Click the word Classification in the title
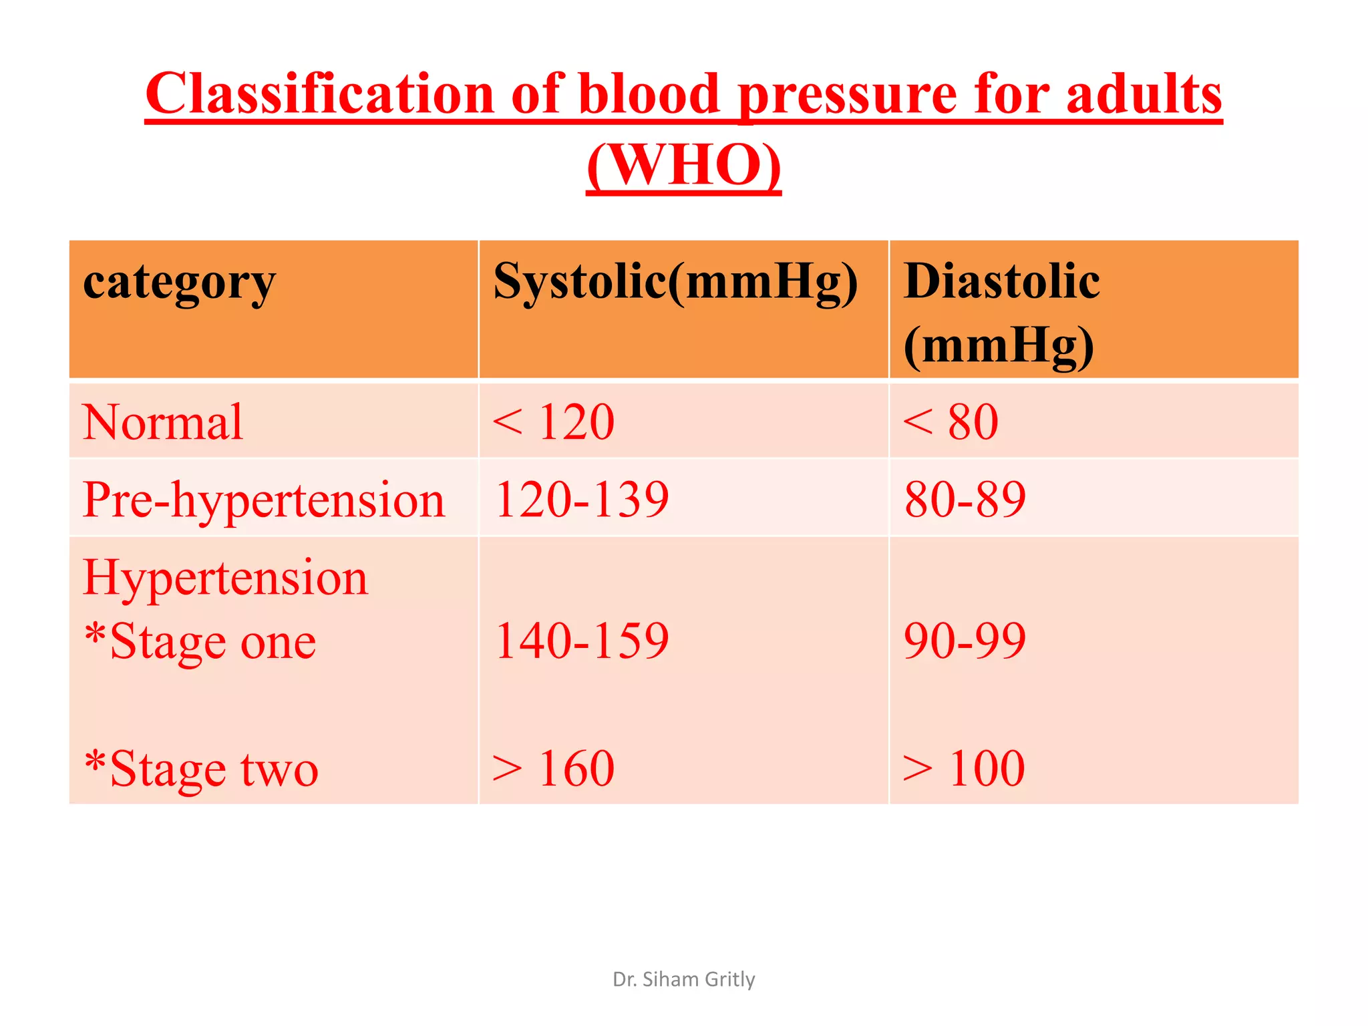tap(319, 94)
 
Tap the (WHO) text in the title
tap(683, 165)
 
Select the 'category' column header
tap(179, 282)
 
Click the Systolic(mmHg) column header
tap(675, 282)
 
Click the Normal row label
tap(162, 422)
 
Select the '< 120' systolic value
tap(553, 422)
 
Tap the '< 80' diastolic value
tap(950, 422)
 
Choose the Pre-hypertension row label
tap(263, 500)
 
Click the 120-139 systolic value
tap(581, 500)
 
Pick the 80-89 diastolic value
tap(965, 500)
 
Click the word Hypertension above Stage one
tap(225, 577)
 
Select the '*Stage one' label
tap(200, 641)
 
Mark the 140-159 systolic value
tap(581, 641)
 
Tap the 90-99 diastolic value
tap(965, 641)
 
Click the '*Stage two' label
tap(201, 769)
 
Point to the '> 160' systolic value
tap(553, 769)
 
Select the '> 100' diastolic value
tap(963, 769)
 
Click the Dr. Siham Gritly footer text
tap(683, 979)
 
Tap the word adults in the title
tap(1144, 94)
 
